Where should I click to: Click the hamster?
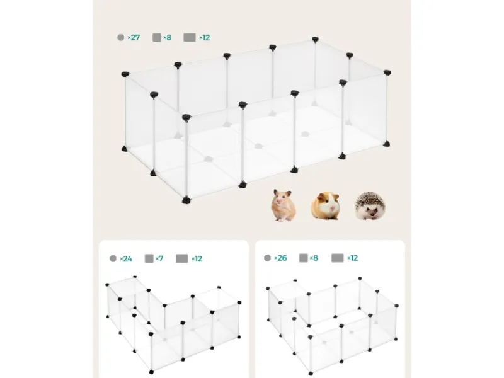[x=283, y=205]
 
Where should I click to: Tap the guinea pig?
[x=325, y=206]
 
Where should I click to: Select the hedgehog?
[x=370, y=205]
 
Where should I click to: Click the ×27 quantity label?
[x=134, y=38]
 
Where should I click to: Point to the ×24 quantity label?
[x=125, y=259]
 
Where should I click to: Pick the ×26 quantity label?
[x=280, y=258]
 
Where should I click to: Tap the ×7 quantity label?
[x=159, y=259]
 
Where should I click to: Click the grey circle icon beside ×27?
[x=121, y=38]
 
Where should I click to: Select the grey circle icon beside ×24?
[x=113, y=258]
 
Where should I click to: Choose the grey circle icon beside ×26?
[x=267, y=258]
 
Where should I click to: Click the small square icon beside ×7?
[x=149, y=258]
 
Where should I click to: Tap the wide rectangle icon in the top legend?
[x=190, y=38]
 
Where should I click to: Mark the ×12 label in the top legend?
[x=204, y=38]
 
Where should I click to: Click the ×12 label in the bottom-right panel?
[x=353, y=258]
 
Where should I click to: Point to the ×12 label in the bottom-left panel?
[x=197, y=259]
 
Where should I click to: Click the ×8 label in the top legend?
[x=167, y=38]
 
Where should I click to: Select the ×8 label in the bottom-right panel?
[x=314, y=258]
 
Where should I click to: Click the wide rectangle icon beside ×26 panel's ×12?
[x=338, y=258]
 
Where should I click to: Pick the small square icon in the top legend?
[x=157, y=38]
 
